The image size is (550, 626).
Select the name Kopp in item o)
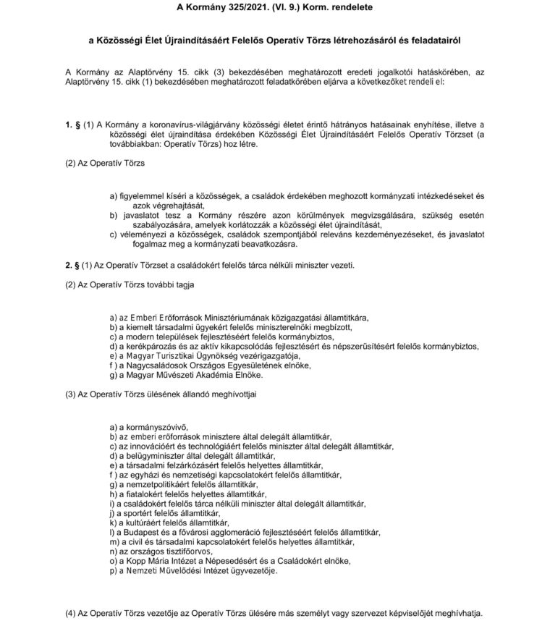(134, 561)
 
